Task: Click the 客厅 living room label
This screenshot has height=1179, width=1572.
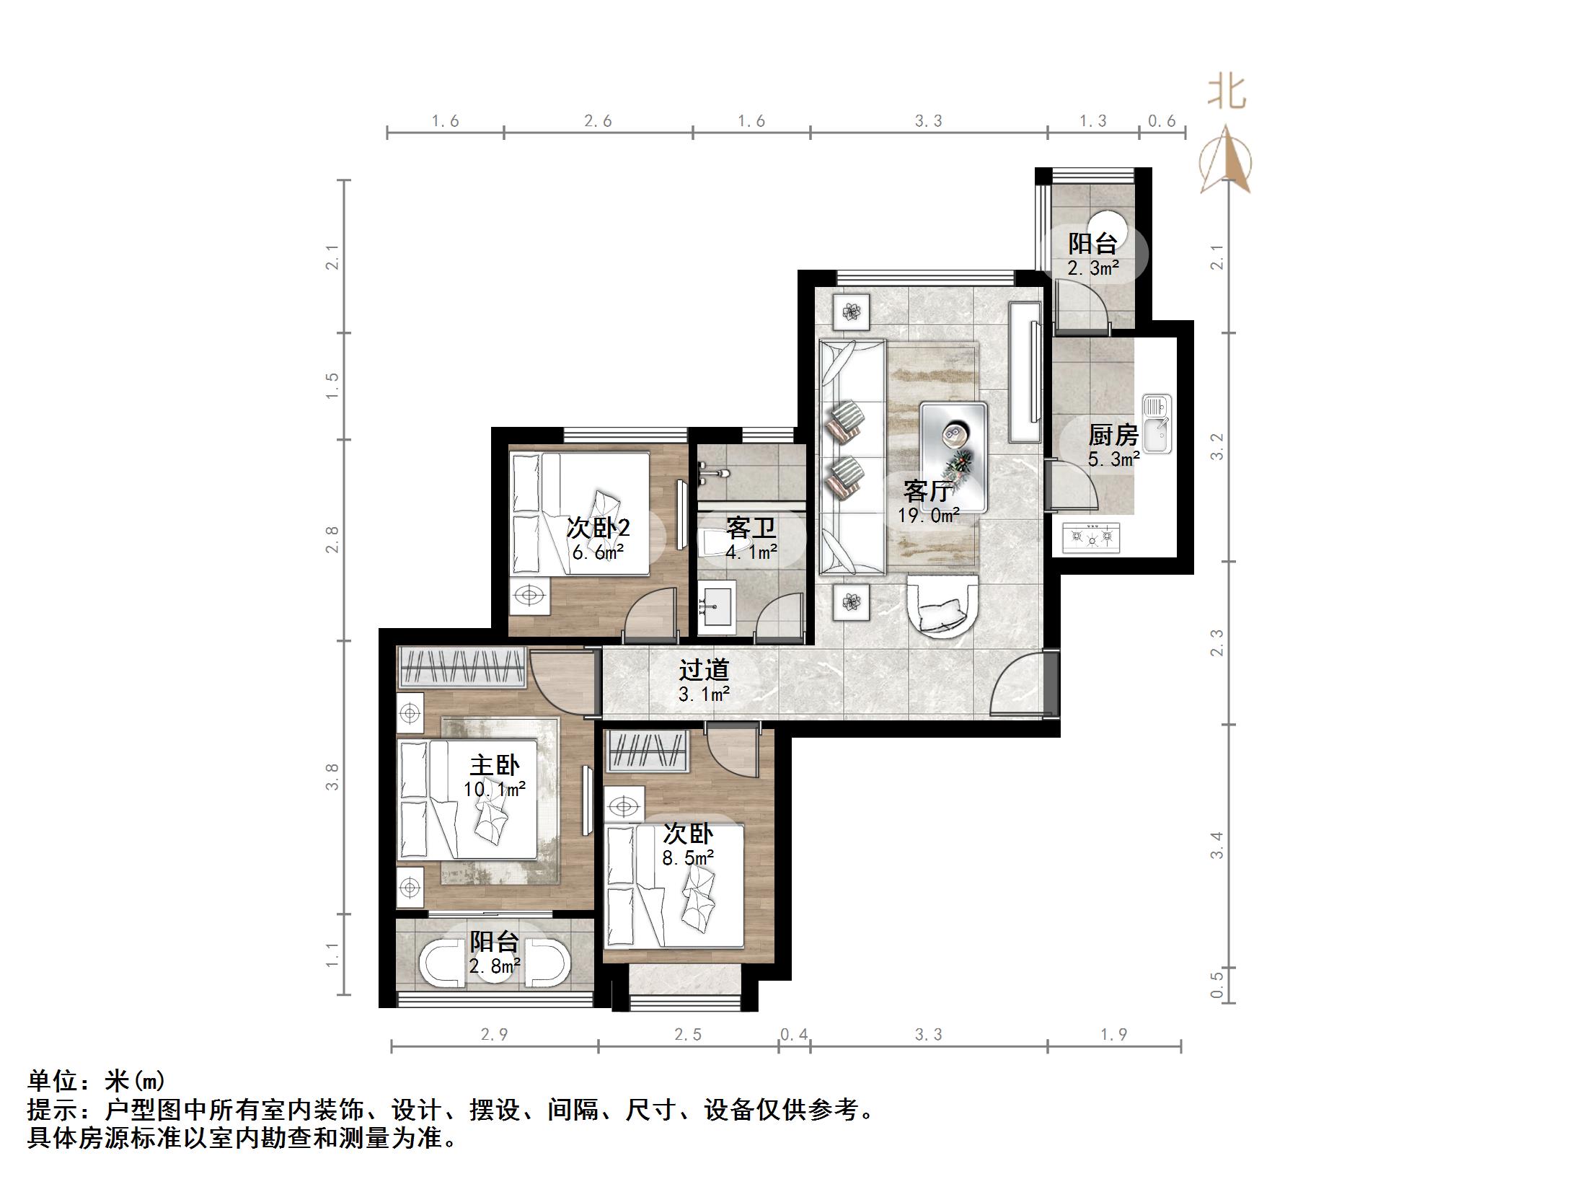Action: [x=928, y=492]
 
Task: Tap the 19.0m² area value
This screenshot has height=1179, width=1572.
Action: [x=928, y=515]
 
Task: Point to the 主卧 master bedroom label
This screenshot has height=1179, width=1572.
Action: [x=494, y=765]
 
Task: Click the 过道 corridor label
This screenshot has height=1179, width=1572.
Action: [x=704, y=670]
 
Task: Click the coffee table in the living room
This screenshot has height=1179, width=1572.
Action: [x=953, y=457]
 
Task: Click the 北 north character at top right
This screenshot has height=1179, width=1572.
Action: [x=1227, y=94]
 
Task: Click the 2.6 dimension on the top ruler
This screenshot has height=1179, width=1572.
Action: [x=598, y=121]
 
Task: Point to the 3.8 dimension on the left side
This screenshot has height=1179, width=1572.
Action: [x=332, y=777]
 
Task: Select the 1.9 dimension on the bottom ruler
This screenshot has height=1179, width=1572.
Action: [x=1114, y=1035]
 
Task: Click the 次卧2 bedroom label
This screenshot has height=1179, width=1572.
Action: [x=598, y=528]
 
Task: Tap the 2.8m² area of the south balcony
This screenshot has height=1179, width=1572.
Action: [x=495, y=966]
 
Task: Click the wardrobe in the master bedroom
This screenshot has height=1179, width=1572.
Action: [x=462, y=668]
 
